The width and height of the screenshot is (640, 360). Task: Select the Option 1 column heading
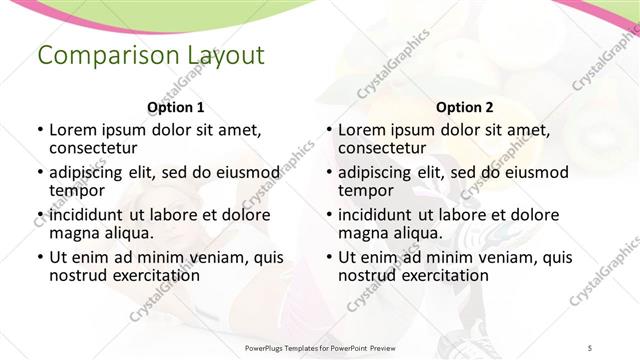point(175,107)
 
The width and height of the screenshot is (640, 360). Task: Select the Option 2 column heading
point(464,107)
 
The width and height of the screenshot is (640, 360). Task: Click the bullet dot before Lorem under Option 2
point(328,130)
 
